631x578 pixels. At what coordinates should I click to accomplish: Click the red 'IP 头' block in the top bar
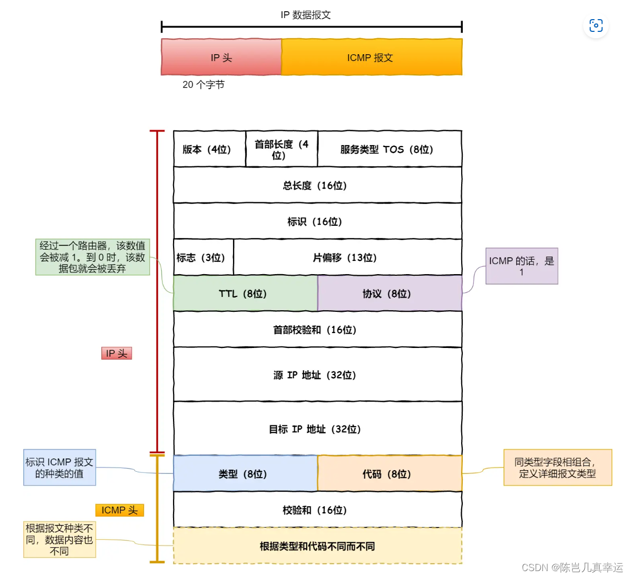click(221, 57)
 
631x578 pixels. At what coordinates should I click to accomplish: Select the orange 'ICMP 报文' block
click(371, 57)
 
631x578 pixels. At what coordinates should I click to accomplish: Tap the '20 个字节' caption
click(203, 84)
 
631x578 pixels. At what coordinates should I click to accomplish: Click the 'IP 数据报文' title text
click(306, 15)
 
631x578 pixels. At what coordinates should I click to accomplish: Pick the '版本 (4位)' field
click(209, 149)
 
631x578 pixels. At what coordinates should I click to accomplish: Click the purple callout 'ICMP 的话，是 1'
click(522, 266)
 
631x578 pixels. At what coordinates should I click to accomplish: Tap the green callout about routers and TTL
click(93, 257)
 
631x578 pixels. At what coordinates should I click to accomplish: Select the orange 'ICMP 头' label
click(119, 510)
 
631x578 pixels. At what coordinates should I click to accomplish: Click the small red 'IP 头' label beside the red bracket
click(116, 353)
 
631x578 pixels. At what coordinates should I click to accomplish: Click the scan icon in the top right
click(595, 25)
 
